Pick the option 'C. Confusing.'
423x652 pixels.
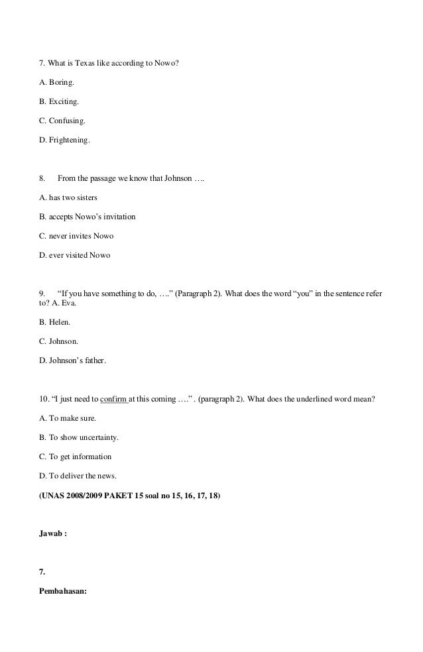pyautogui.click(x=62, y=122)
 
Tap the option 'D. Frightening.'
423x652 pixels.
pyautogui.click(x=65, y=140)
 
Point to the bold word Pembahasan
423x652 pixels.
pyautogui.click(x=68, y=585)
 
